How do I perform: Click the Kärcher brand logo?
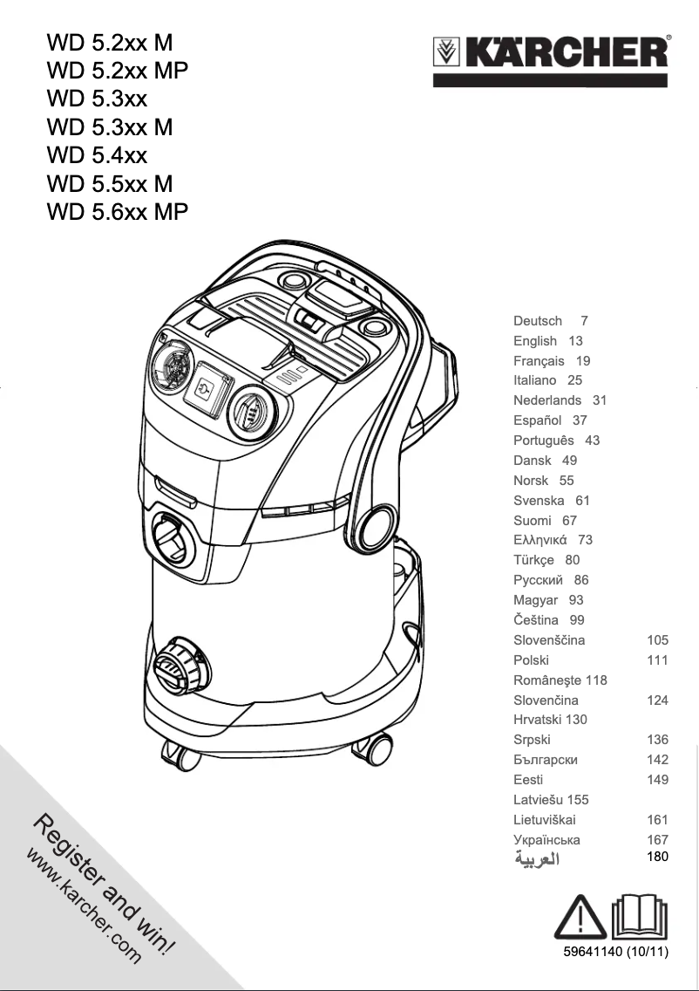pos(552,54)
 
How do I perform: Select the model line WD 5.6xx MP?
pos(118,212)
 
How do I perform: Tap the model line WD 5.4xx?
pos(97,155)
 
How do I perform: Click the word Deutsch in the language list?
pos(538,321)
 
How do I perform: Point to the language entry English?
pos(535,341)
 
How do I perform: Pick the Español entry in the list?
pos(538,420)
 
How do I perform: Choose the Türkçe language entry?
pos(534,560)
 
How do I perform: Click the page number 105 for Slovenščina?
pos(657,640)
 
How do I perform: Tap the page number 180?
pos(657,857)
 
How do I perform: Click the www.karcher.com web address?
pos(84,904)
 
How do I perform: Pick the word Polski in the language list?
pos(532,660)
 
